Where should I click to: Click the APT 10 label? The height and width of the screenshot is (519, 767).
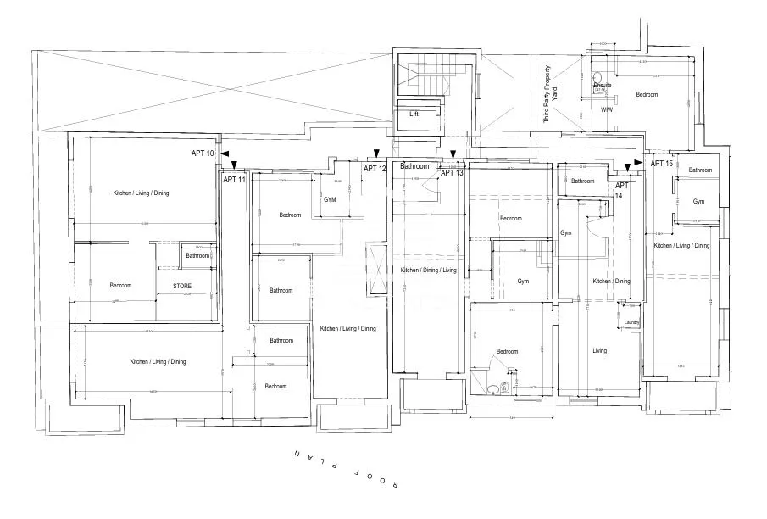point(203,153)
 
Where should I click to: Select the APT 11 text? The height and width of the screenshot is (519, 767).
point(235,180)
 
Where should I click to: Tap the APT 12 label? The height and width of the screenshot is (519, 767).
point(375,169)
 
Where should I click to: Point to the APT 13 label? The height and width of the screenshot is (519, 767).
point(452,173)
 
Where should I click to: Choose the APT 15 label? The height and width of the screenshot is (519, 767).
point(661,163)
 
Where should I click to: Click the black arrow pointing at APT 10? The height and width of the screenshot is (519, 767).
point(225,153)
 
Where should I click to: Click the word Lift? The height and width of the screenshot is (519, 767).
point(414,114)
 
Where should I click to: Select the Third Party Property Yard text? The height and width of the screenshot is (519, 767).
point(551,95)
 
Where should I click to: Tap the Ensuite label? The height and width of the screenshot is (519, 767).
point(603,86)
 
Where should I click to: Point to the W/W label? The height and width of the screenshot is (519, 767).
point(606,109)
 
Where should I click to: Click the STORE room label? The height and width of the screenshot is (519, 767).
point(182,287)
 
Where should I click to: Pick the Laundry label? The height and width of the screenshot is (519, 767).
point(631,322)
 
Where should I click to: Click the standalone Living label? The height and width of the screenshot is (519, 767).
point(600,350)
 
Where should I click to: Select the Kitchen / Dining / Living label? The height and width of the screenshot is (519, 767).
point(428,271)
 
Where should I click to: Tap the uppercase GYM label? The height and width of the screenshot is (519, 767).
point(330,199)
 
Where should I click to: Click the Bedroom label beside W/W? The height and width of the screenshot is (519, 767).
point(647,95)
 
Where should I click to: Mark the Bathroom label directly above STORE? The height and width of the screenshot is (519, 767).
point(197,255)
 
